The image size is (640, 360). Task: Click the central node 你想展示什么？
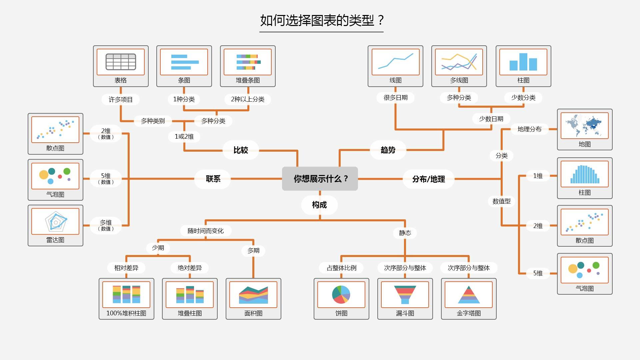pyautogui.click(x=320, y=179)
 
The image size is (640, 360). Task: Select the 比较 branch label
pyautogui.click(x=241, y=150)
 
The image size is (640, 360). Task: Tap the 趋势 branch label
pyautogui.click(x=388, y=150)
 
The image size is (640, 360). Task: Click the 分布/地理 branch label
pyautogui.click(x=428, y=179)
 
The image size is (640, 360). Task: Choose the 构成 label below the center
pyautogui.click(x=319, y=205)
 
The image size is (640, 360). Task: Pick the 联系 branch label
pyautogui.click(x=213, y=179)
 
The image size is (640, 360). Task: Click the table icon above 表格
pyautogui.click(x=121, y=62)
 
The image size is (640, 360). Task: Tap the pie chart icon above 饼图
pyautogui.click(x=341, y=294)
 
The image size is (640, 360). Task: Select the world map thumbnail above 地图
pyautogui.click(x=584, y=126)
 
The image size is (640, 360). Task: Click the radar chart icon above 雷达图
pyautogui.click(x=56, y=221)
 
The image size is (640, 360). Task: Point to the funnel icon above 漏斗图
pyautogui.click(x=405, y=294)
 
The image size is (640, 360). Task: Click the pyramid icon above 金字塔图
pyautogui.click(x=468, y=295)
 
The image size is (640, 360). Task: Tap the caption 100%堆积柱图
pyautogui.click(x=126, y=313)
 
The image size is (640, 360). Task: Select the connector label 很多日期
pyautogui.click(x=395, y=97)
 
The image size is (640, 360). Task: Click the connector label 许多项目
pyautogui.click(x=120, y=99)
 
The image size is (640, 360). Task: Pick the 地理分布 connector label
pyautogui.click(x=529, y=129)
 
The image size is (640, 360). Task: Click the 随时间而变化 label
pyautogui.click(x=205, y=231)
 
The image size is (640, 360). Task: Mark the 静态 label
pyautogui.click(x=405, y=233)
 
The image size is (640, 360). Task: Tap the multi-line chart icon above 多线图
pyautogui.click(x=459, y=62)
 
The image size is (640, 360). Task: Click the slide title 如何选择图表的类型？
pyautogui.click(x=322, y=20)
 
